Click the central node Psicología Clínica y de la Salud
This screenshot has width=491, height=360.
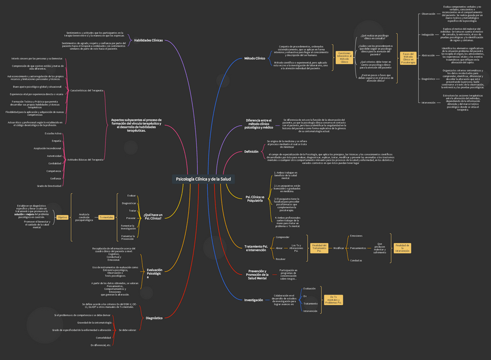[x=204, y=179]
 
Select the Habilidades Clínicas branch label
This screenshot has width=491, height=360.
[x=148, y=41]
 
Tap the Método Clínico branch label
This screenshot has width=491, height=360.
[x=254, y=58]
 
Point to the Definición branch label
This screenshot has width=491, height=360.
[x=251, y=152]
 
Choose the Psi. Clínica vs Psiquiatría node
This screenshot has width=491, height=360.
[x=255, y=199]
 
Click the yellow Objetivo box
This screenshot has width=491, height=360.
[x=63, y=217]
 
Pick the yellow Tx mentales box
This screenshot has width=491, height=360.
[x=106, y=217]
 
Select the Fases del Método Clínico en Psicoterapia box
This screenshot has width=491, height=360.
[x=408, y=58]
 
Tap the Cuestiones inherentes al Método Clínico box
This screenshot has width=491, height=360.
[x=344, y=57]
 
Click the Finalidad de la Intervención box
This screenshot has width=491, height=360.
[x=402, y=248]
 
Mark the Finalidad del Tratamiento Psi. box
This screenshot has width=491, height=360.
[x=319, y=248]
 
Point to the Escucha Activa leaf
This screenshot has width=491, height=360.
[x=53, y=133]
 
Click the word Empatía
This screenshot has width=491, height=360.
[x=56, y=141]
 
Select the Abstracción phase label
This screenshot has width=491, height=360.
[x=428, y=56]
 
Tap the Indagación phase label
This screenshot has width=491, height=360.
[x=427, y=35]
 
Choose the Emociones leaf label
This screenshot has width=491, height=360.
[x=356, y=236]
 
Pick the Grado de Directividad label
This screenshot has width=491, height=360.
[x=49, y=186]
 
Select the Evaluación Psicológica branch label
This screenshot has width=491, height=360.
[x=155, y=273]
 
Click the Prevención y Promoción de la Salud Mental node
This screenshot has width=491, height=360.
[x=257, y=274]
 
